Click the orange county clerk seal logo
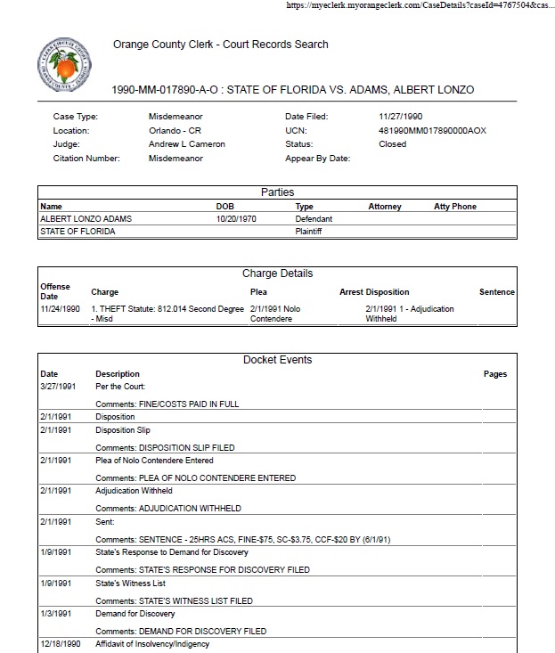click(62, 63)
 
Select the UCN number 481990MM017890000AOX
click(432, 131)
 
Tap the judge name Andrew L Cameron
click(187, 144)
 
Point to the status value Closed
click(392, 144)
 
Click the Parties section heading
click(277, 192)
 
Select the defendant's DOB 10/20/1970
click(236, 218)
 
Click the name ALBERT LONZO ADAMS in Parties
click(81, 218)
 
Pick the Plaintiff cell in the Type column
click(308, 232)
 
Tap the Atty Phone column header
click(454, 207)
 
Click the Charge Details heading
click(277, 273)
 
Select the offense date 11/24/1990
click(61, 309)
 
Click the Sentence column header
click(497, 292)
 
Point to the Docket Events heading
click(277, 360)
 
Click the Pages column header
click(495, 374)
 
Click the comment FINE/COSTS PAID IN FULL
click(167, 404)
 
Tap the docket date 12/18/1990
click(61, 644)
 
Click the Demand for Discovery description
click(135, 614)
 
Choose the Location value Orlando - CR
click(175, 131)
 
